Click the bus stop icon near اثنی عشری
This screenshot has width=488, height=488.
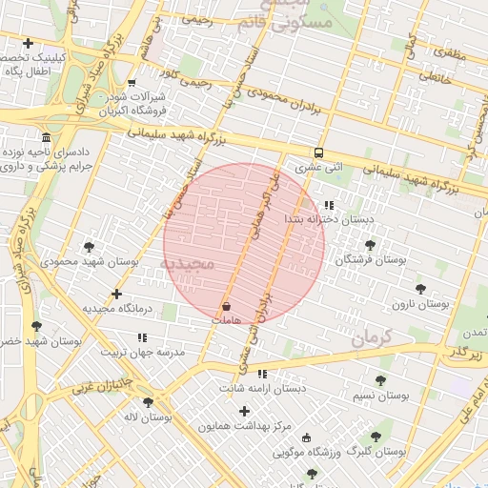click(x=318, y=152)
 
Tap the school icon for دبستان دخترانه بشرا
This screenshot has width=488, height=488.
click(x=329, y=205)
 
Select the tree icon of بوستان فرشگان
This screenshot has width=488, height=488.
click(x=370, y=245)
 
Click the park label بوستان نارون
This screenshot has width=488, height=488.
click(x=419, y=304)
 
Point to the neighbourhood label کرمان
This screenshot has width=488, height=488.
click(x=371, y=337)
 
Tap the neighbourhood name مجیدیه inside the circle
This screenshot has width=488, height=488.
click(x=191, y=262)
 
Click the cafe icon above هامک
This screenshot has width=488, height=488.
click(x=226, y=307)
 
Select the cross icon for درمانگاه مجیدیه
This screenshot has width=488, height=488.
click(x=116, y=295)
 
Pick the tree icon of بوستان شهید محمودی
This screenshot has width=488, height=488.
click(x=89, y=246)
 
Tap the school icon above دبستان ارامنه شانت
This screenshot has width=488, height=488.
click(x=262, y=374)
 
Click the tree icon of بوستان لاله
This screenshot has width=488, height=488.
click(x=148, y=402)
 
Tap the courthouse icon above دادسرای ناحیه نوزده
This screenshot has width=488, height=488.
click(x=47, y=137)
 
